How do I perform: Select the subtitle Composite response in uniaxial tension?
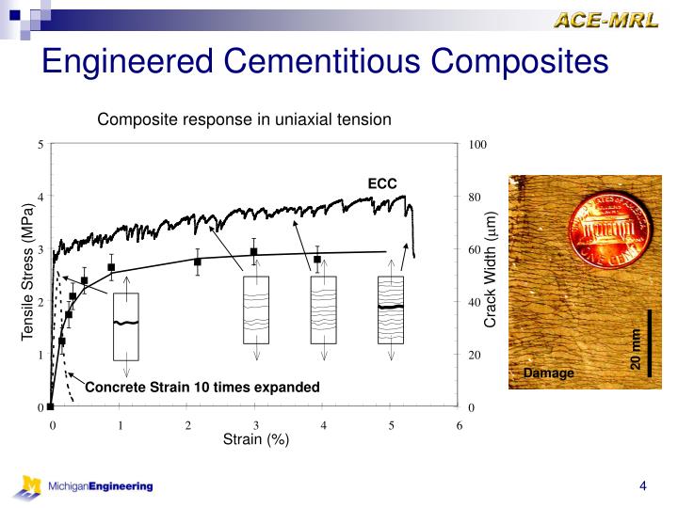(x=245, y=119)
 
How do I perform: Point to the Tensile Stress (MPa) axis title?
(x=29, y=273)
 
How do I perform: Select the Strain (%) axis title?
(x=255, y=439)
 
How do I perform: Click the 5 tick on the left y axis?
(x=40, y=144)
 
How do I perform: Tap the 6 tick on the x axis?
(x=459, y=425)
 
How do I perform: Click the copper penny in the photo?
(x=607, y=230)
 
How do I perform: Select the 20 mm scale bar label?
(x=637, y=349)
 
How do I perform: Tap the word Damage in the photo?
(x=548, y=373)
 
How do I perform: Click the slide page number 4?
(x=642, y=486)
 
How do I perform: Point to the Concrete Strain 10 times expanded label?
(x=202, y=388)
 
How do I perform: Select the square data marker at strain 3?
(x=254, y=252)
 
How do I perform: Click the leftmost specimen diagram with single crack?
(x=125, y=326)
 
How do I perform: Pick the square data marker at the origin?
(x=51, y=407)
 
